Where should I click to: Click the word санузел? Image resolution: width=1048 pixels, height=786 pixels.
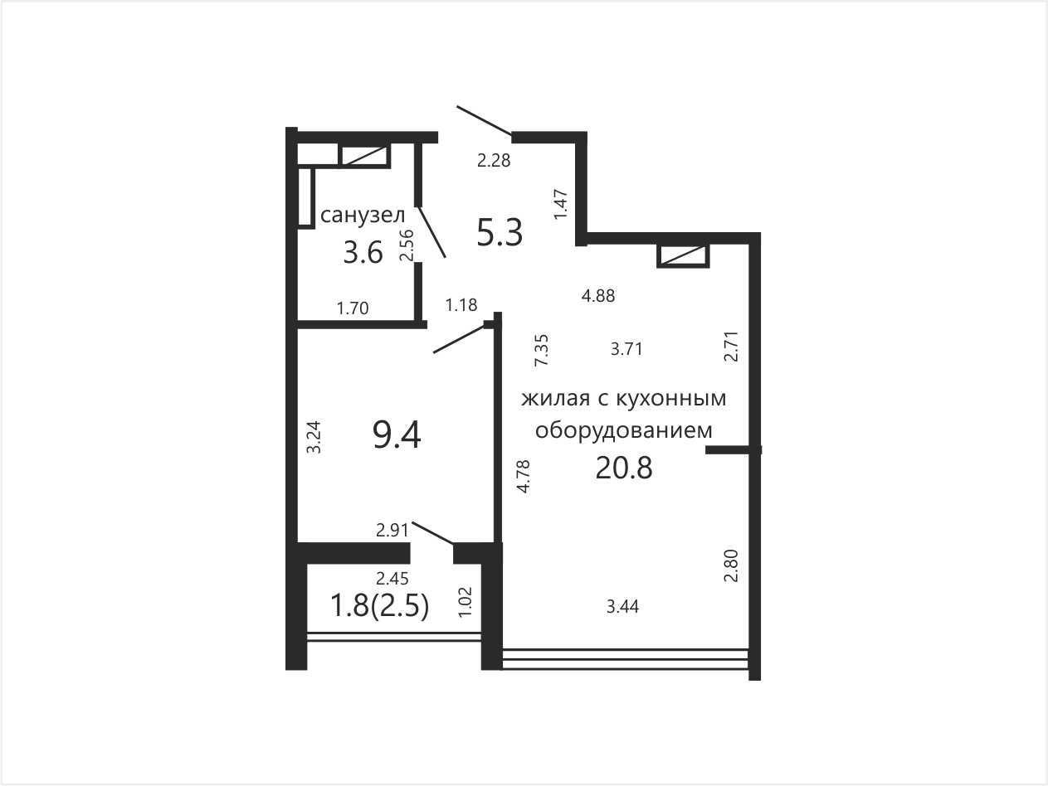point(363,215)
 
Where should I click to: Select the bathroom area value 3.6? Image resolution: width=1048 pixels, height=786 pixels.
point(363,252)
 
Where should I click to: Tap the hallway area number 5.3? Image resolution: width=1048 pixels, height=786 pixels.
point(500,233)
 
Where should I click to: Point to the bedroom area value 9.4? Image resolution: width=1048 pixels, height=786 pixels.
point(397,435)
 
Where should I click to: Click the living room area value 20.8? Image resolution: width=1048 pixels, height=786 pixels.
point(623,468)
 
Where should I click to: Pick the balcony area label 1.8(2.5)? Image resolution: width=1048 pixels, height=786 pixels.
point(379,607)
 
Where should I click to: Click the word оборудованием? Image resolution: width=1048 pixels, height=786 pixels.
point(623,429)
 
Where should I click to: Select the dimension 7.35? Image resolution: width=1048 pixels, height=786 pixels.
point(543,350)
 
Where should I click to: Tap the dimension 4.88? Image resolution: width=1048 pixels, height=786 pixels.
point(598,296)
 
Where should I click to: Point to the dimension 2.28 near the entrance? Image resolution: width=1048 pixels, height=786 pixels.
point(494,160)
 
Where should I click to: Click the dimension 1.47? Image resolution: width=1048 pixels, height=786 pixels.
point(561,204)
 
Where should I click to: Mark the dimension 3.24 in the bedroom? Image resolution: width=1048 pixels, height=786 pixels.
point(314,436)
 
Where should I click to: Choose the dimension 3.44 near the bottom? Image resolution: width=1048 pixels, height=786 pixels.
point(622,607)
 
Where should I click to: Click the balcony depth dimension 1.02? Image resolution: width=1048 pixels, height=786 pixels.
point(465,602)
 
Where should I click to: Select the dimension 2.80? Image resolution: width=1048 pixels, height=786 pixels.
point(731,565)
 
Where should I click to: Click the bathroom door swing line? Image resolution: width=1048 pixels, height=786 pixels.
point(431,231)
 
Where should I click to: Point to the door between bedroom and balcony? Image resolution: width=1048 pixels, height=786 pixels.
point(433,533)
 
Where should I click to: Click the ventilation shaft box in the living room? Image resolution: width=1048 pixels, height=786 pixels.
point(683,256)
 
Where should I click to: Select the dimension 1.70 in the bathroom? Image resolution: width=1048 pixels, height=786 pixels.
point(353,308)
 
